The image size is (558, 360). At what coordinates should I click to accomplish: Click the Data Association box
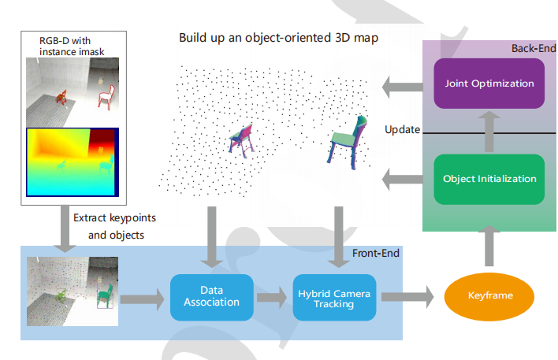click(x=211, y=296)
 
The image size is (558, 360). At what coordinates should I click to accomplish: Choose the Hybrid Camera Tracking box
click(x=335, y=297)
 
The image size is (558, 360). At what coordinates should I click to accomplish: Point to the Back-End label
click(x=533, y=49)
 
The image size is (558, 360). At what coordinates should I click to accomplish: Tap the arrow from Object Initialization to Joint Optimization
click(x=489, y=131)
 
